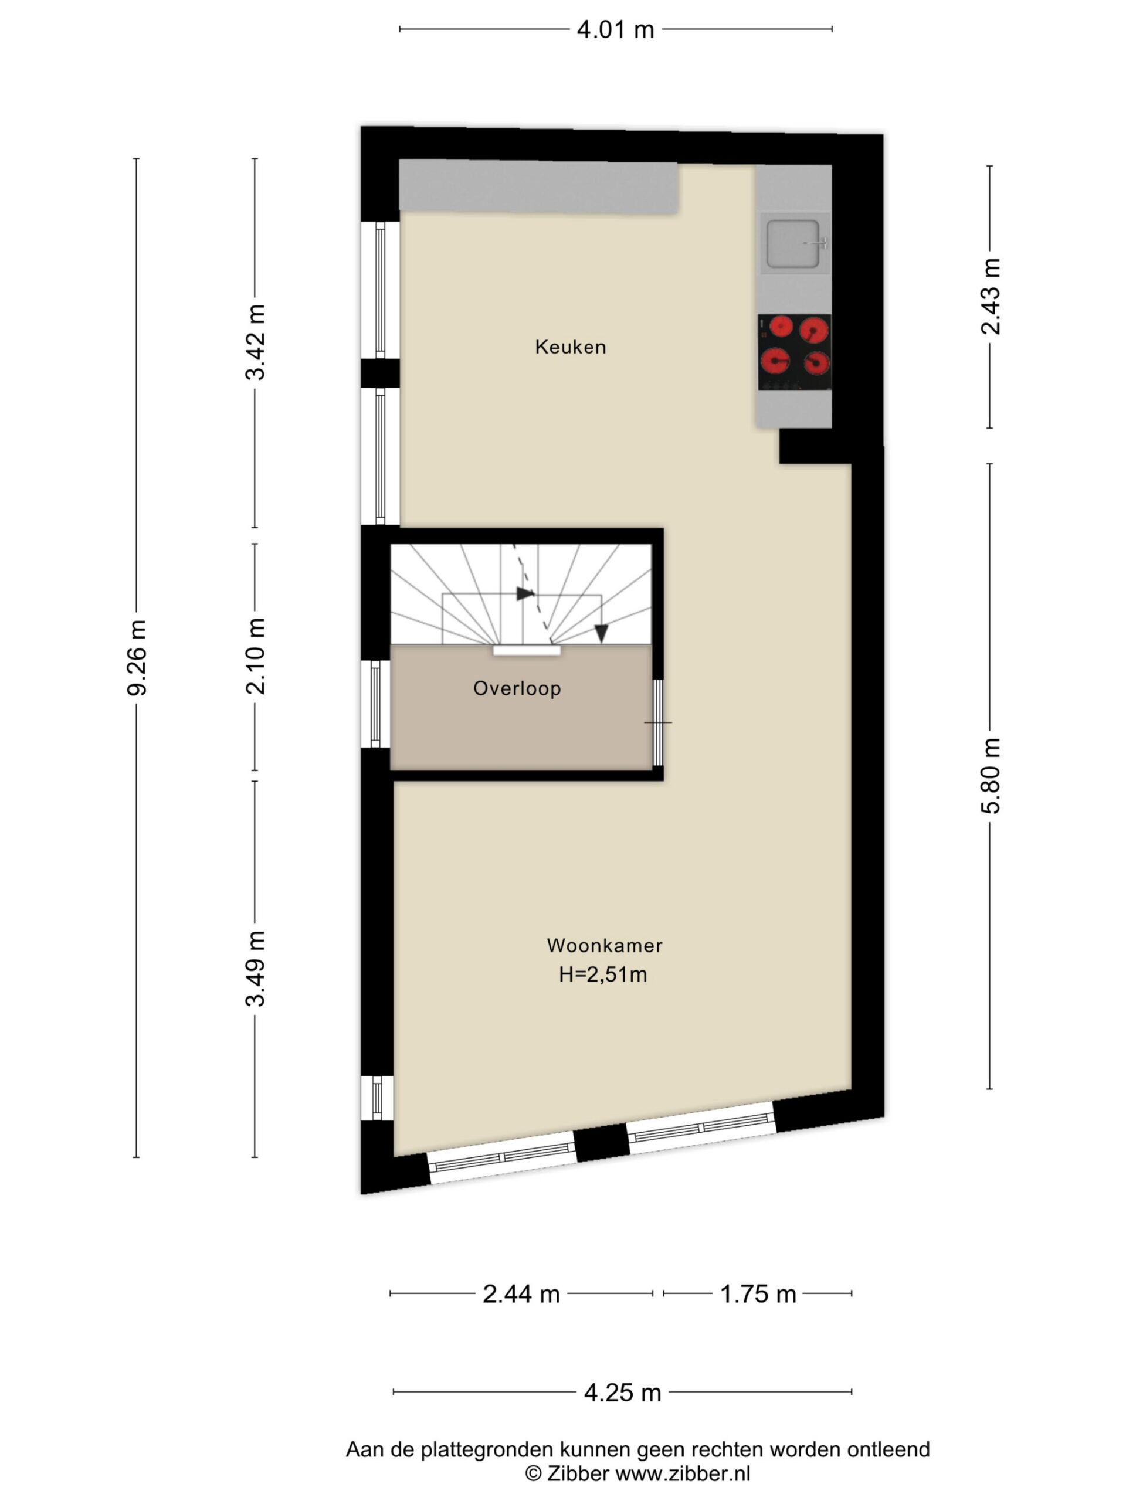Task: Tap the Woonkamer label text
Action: (604, 945)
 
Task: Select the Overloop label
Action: (517, 688)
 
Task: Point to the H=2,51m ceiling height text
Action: (602, 974)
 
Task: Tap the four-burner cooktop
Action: (794, 352)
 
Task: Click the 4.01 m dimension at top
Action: (616, 30)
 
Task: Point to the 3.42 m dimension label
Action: (255, 342)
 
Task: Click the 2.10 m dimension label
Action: (255, 656)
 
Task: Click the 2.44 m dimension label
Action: (521, 1294)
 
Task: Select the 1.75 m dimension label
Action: (758, 1294)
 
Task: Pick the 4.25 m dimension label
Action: (622, 1393)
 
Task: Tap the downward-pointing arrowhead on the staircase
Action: (601, 633)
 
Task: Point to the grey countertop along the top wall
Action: (538, 186)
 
